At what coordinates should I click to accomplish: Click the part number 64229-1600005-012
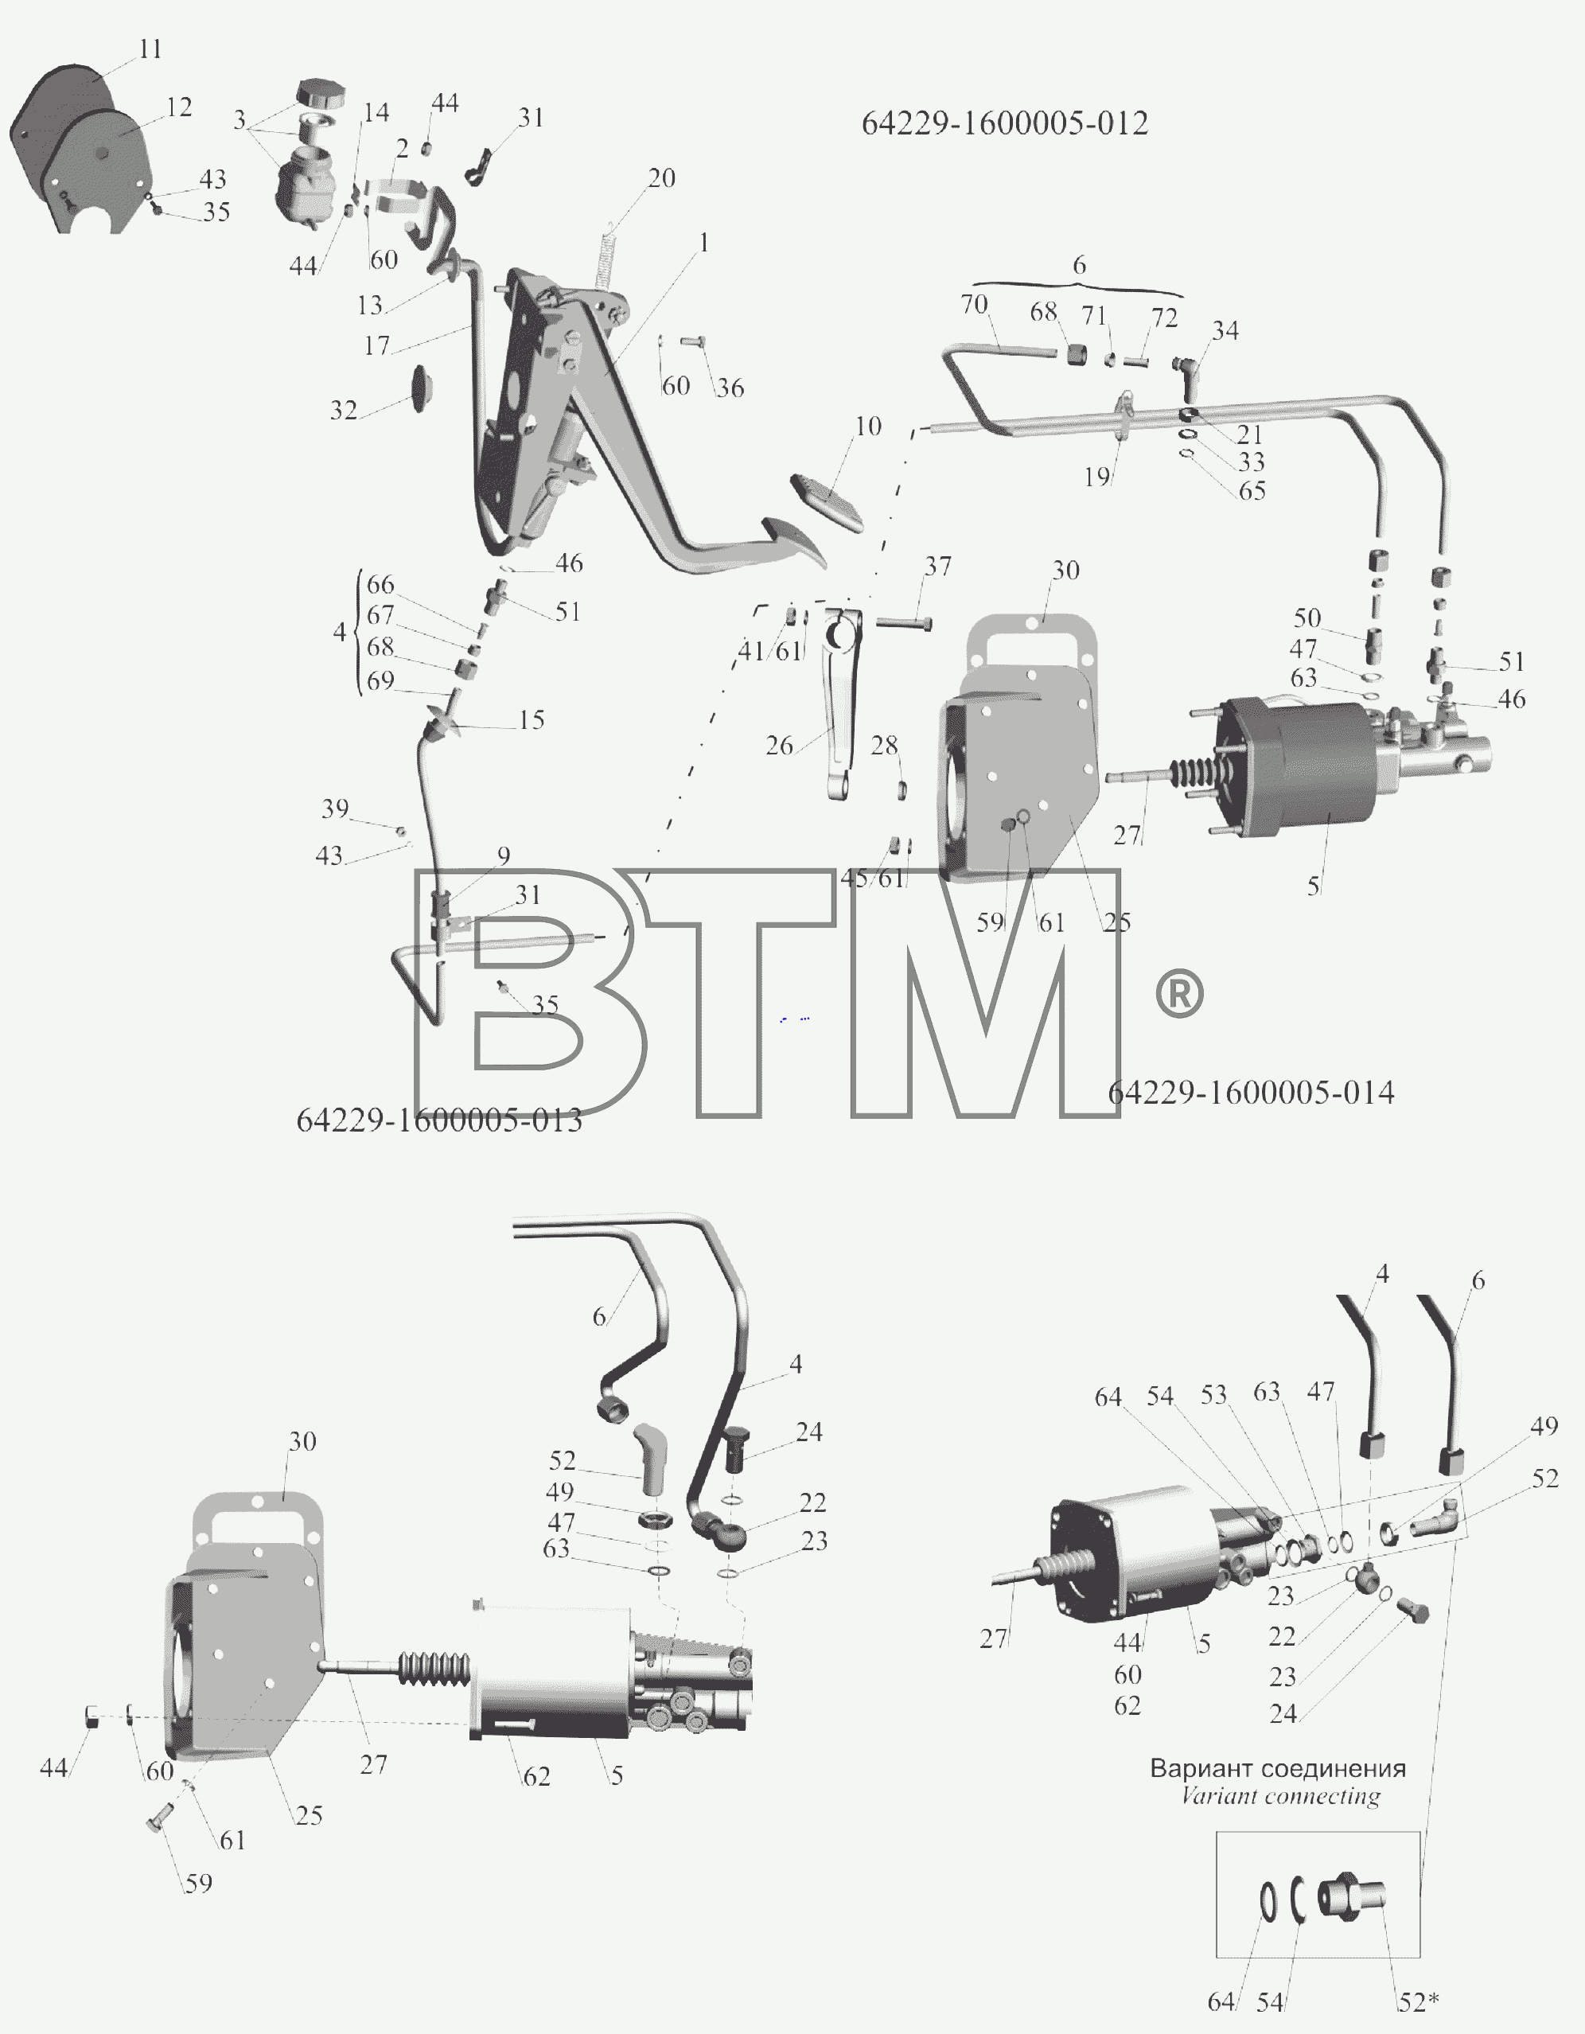tap(1005, 123)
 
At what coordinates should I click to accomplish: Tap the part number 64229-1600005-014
tap(1251, 1093)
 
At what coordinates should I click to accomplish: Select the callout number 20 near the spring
tap(661, 178)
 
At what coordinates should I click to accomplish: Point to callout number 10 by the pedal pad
tap(868, 426)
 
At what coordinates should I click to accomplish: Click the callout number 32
tap(344, 410)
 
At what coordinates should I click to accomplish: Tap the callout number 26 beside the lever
tap(780, 745)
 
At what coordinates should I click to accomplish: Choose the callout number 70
tap(974, 304)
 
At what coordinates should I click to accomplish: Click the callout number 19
tap(1097, 477)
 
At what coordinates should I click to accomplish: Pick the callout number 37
tap(938, 567)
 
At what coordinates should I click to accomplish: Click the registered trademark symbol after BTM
tap(1179, 994)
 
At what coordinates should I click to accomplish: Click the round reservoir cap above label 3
tap(321, 94)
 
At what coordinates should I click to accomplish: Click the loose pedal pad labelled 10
tap(827, 502)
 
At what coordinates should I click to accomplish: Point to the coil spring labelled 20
tap(606, 256)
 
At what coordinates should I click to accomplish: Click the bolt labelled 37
tap(904, 621)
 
